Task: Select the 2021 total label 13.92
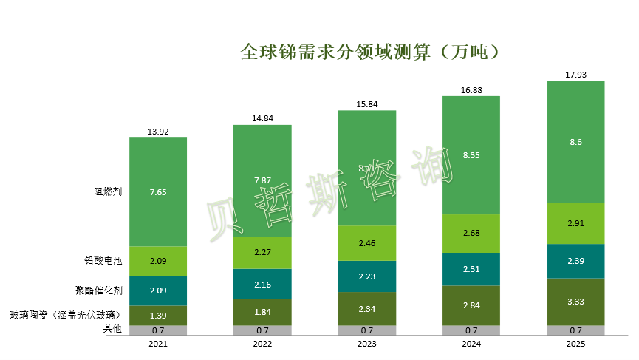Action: coord(158,132)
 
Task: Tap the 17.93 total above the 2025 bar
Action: coord(575,75)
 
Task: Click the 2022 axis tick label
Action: coord(262,344)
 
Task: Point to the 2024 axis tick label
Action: coord(471,344)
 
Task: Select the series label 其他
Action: coord(112,329)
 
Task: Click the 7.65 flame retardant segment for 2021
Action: coord(158,191)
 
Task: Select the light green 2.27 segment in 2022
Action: coord(262,253)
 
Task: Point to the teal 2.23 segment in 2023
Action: coord(366,275)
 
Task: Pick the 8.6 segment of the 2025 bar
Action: coord(575,141)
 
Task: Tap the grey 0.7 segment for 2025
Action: coord(575,330)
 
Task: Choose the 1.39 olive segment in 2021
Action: coord(158,316)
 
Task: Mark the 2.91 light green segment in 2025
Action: coord(575,223)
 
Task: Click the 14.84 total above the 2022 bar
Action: coord(262,118)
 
